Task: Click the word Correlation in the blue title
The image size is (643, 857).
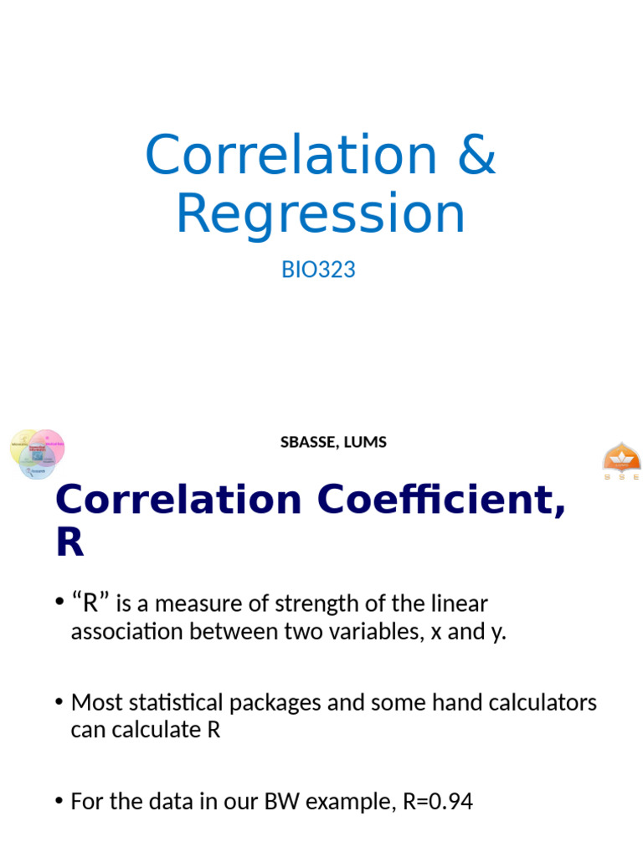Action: pos(291,155)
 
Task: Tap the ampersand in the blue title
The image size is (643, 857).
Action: pos(476,155)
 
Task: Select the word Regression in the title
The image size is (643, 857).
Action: pos(320,213)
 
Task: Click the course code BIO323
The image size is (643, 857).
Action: pos(319,270)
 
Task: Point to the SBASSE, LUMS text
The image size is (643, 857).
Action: pos(333,442)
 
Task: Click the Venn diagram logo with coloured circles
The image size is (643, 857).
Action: pos(37,453)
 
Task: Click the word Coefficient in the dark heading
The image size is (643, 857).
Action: pos(419,500)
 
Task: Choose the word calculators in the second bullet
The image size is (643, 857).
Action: pos(542,701)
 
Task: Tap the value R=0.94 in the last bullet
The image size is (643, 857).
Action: pos(437,802)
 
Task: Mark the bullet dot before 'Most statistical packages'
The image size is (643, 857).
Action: pos(59,702)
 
